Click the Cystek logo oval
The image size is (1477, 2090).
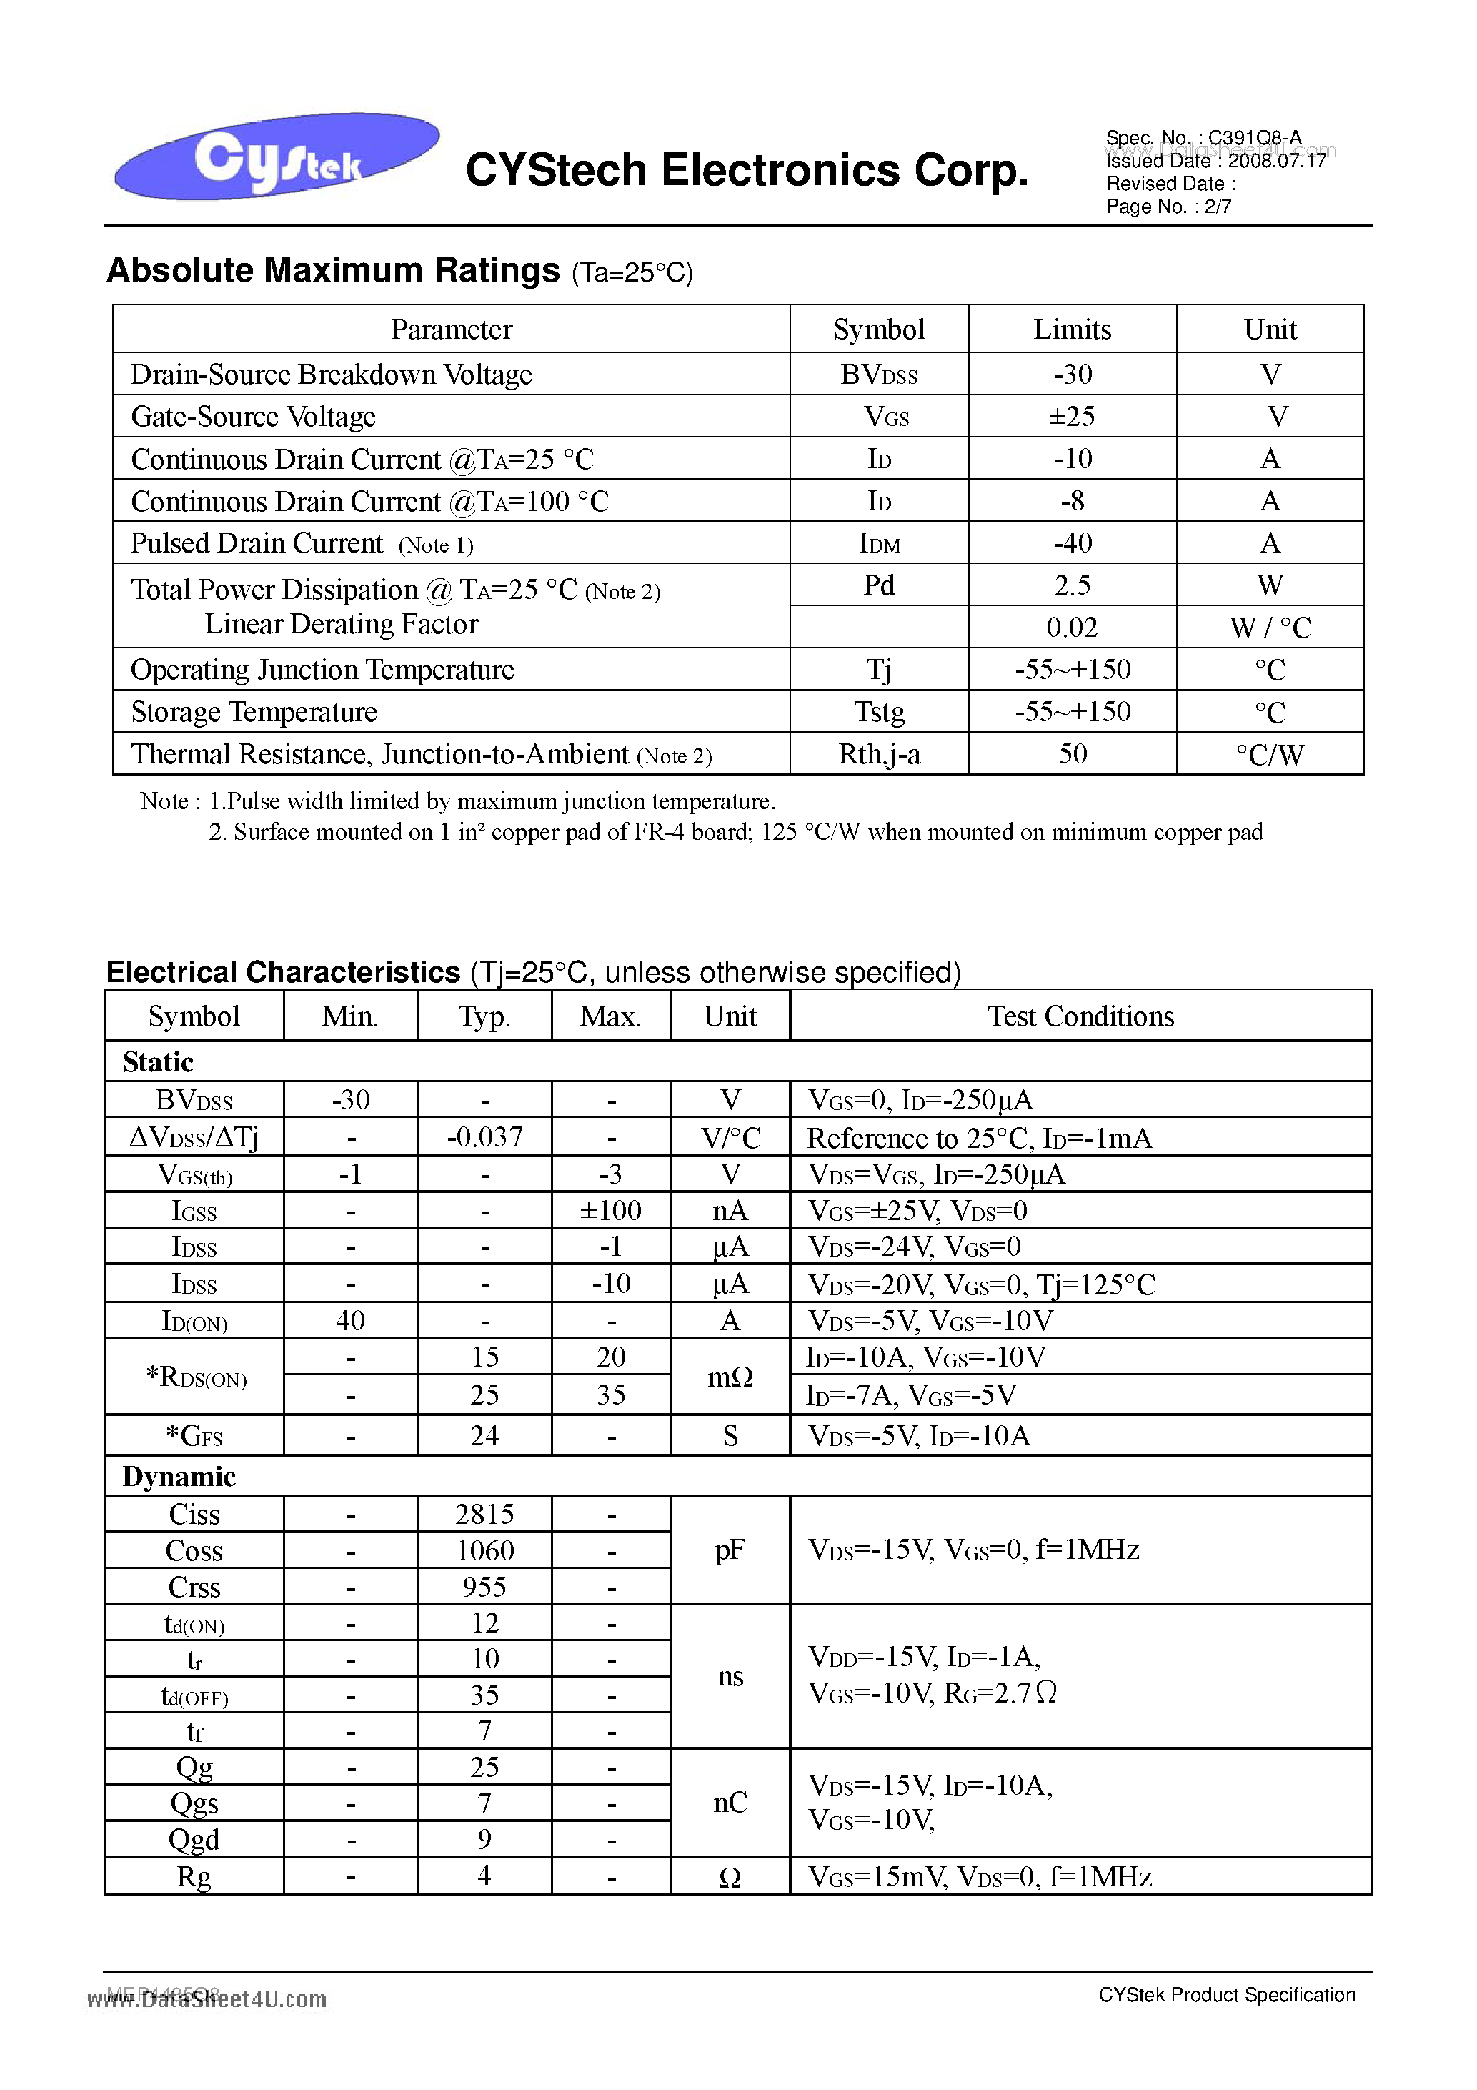(276, 157)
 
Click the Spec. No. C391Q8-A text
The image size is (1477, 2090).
(1203, 137)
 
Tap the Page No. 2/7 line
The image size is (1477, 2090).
(1168, 207)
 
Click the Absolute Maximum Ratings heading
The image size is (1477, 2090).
(333, 272)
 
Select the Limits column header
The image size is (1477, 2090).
(1072, 330)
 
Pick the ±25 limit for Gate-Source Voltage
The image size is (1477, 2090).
(1072, 417)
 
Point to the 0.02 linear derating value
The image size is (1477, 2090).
(1072, 627)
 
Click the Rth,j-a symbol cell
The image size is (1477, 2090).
(879, 755)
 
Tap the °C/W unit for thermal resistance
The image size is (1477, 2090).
(1270, 755)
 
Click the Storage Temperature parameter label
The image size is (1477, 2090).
(254, 712)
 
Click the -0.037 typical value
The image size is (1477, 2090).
(484, 1137)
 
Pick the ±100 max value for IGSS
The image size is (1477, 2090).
(611, 1211)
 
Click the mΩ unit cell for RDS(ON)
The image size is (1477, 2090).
(730, 1377)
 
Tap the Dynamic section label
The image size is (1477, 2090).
(179, 1477)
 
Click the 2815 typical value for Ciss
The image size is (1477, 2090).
(484, 1514)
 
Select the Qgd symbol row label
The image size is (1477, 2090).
(194, 1839)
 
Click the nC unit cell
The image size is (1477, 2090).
(730, 1803)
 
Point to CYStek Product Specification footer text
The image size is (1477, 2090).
(1227, 1994)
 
